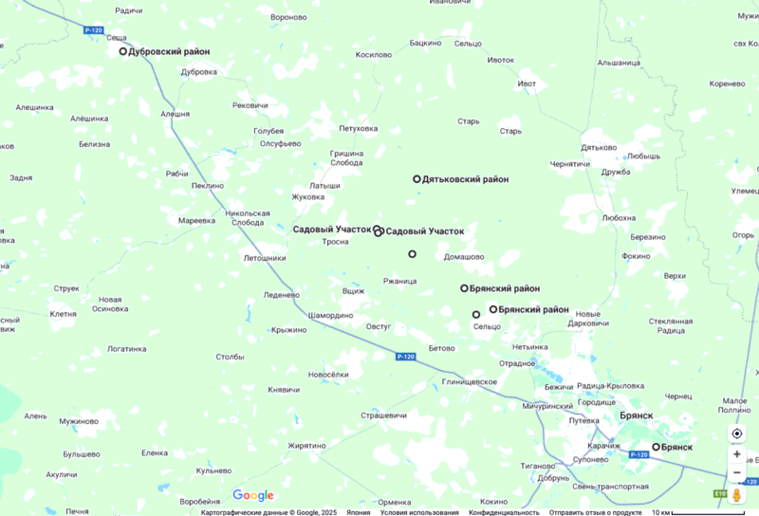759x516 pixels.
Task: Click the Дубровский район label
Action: coord(169,52)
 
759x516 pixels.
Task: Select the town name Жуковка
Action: coord(307,197)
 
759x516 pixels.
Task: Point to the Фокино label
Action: coord(636,255)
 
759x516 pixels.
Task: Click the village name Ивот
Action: coord(527,83)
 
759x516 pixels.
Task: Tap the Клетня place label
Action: coord(63,314)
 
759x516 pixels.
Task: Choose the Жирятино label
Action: coord(306,446)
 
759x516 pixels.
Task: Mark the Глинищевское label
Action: coord(469,381)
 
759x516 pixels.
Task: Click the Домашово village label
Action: coord(464,257)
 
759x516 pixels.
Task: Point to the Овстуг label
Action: coord(379,326)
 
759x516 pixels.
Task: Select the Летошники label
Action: coord(265,258)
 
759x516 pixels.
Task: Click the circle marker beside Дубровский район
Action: coord(122,52)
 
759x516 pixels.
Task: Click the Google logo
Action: coord(253,495)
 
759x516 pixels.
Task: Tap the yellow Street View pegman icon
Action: coord(736,495)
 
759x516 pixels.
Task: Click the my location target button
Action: coord(736,433)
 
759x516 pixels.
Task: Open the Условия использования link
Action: coord(420,512)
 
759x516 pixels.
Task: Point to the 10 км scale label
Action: coord(661,512)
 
